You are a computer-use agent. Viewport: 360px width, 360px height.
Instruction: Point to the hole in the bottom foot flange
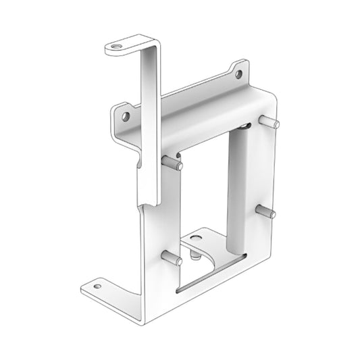click(98, 286)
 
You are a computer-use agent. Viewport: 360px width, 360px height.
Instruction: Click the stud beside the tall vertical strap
click(172, 162)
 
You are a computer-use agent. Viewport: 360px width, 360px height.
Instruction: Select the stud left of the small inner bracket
click(172, 258)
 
